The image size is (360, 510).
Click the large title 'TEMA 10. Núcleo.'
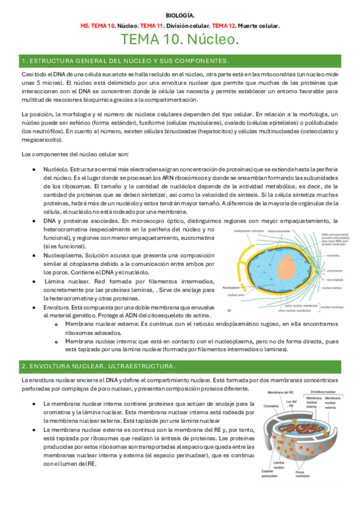pos(180,40)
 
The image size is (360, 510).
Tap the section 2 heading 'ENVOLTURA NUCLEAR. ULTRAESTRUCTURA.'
pos(99,366)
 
